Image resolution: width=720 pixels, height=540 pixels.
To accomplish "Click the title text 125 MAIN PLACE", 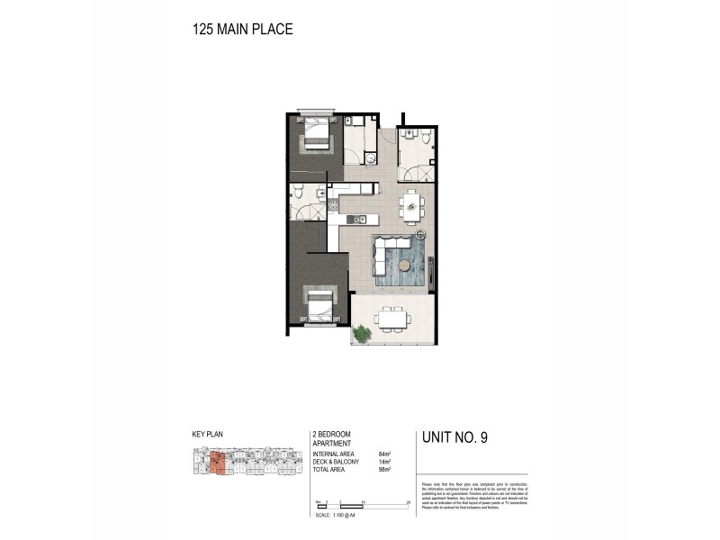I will click(242, 29).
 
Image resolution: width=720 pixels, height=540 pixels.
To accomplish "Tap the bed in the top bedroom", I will click(316, 134).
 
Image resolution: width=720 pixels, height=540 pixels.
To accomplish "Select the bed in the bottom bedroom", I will click(319, 304).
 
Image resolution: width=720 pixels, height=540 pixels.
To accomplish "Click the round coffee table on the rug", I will click(405, 265).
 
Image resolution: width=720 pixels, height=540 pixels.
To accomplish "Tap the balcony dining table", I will click(391, 318).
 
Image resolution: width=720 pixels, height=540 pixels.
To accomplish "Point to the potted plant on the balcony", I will click(362, 334).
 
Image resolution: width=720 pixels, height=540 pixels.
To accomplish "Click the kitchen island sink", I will click(356, 220).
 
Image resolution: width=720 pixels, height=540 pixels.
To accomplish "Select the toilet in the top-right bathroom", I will click(426, 137).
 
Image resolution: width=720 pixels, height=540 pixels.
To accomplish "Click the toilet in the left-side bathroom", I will click(297, 193).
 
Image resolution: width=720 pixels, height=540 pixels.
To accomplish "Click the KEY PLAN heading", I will click(208, 434).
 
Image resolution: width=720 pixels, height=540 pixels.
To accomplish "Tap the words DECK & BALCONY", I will click(335, 463).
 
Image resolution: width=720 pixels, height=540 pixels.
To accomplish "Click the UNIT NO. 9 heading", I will click(454, 439).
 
